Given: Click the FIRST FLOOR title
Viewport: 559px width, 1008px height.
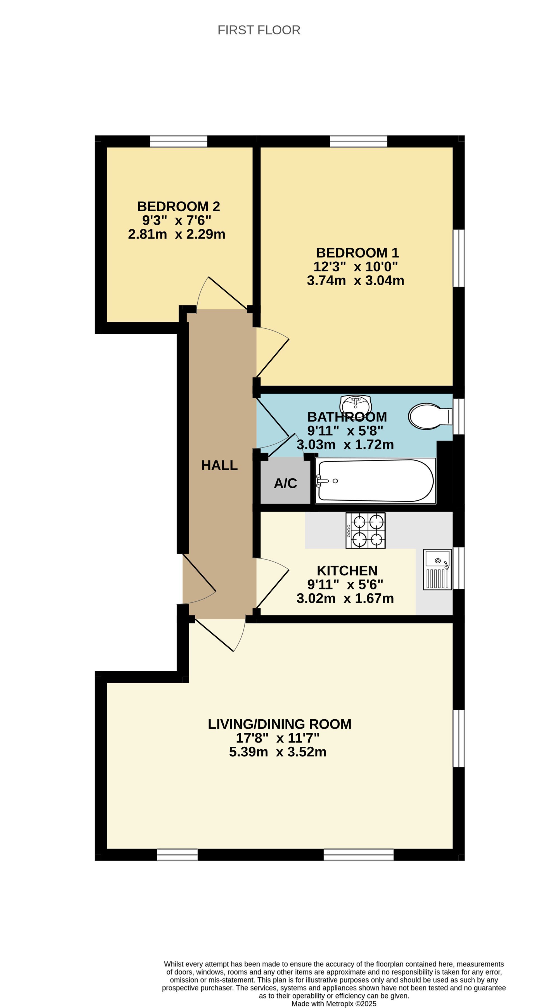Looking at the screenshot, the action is (x=259, y=30).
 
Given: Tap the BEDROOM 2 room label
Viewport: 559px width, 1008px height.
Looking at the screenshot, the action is (x=179, y=206).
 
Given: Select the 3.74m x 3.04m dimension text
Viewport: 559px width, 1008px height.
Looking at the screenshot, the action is (x=355, y=280).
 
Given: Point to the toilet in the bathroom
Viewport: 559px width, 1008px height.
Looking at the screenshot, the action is (x=430, y=416).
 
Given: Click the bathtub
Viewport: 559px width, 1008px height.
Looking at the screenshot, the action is (x=376, y=481).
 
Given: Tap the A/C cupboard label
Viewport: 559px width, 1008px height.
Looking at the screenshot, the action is (x=286, y=483).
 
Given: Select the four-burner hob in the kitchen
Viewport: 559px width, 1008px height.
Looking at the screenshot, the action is (x=366, y=530).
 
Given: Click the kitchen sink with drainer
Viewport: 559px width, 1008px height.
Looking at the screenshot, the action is (x=438, y=569).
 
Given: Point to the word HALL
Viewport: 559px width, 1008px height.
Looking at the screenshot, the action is (x=219, y=465).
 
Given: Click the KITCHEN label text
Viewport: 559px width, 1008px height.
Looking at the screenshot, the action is (x=347, y=570).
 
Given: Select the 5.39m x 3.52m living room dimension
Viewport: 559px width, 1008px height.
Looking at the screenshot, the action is (x=278, y=752).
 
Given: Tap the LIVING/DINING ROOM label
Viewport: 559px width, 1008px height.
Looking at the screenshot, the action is (x=280, y=724).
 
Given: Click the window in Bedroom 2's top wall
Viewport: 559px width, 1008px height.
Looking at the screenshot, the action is (x=179, y=141).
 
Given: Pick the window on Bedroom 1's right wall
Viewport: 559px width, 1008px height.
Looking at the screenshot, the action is (x=459, y=258).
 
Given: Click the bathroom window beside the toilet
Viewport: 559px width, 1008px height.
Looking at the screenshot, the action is (x=459, y=416).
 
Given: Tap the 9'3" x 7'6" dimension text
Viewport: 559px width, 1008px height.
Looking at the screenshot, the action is (x=177, y=220).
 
